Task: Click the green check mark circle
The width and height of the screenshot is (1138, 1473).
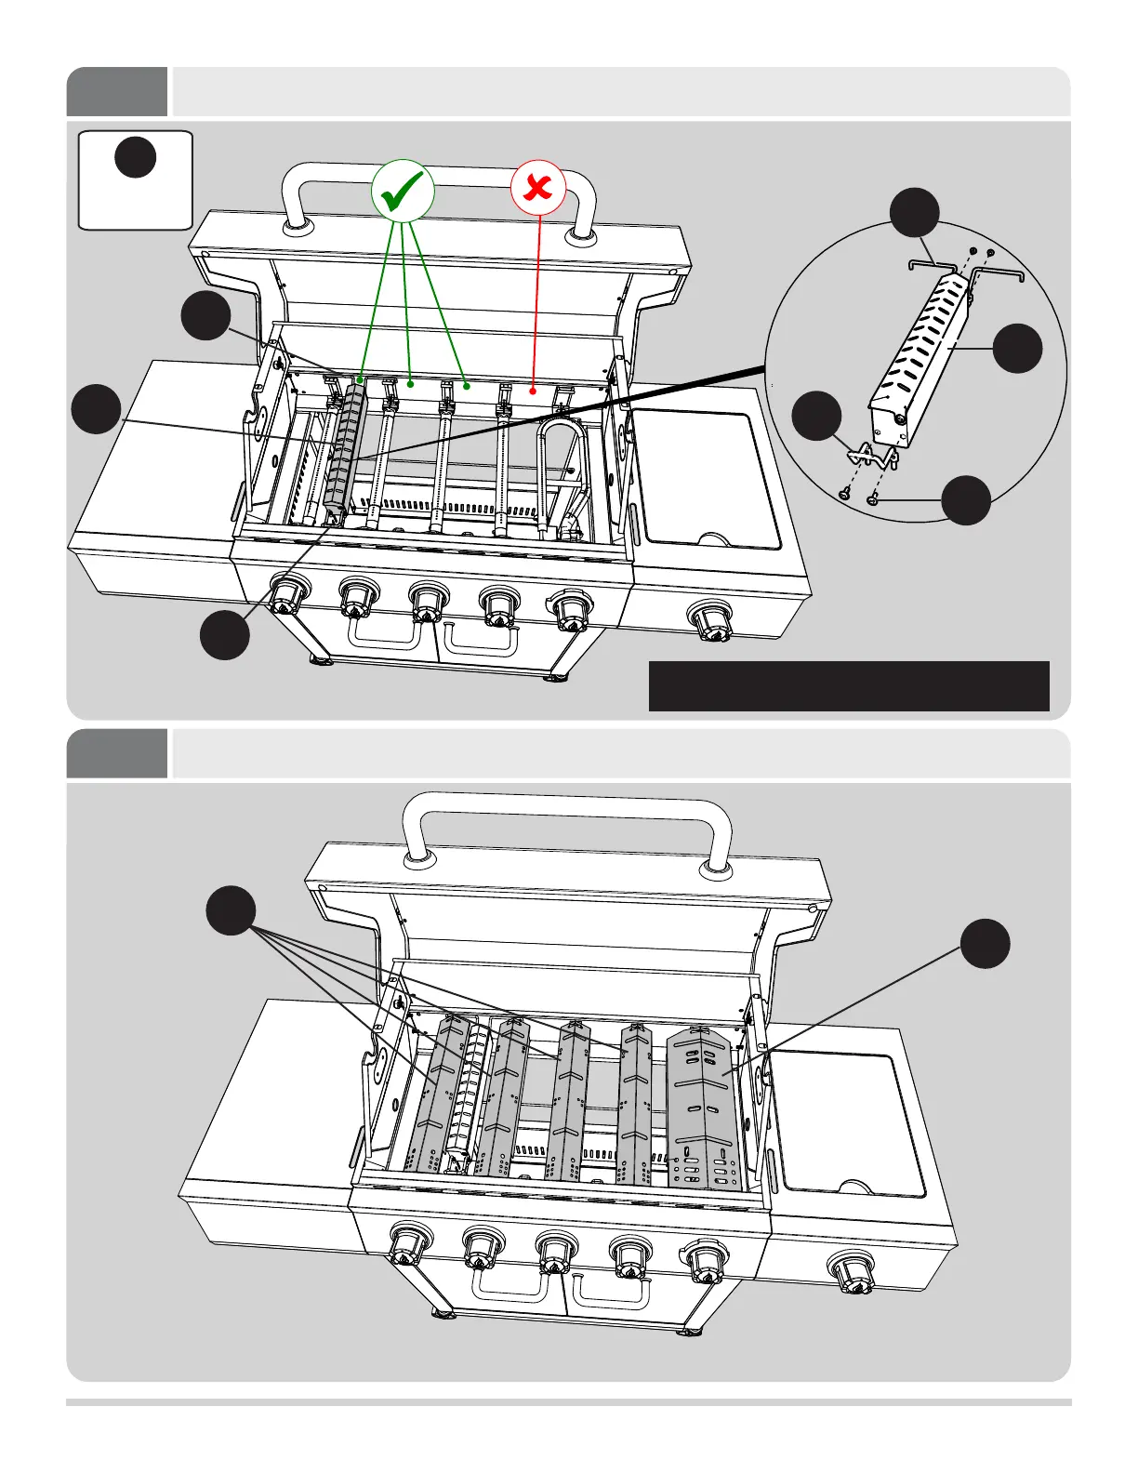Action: coord(403,191)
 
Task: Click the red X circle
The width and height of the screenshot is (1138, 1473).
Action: coord(537,189)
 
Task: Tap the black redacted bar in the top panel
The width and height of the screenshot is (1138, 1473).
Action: coord(848,686)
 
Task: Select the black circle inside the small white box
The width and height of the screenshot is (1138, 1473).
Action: coord(135,156)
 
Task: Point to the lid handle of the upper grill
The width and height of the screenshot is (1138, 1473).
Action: coord(439,177)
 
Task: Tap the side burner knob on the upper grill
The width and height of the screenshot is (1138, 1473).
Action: coord(710,618)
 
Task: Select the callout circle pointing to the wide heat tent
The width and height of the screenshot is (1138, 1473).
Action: coord(985,944)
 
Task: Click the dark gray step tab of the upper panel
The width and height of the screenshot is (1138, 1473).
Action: coord(117,91)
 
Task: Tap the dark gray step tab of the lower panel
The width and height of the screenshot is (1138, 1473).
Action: coord(117,753)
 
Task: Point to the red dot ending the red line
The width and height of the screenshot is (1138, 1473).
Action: coord(533,391)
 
